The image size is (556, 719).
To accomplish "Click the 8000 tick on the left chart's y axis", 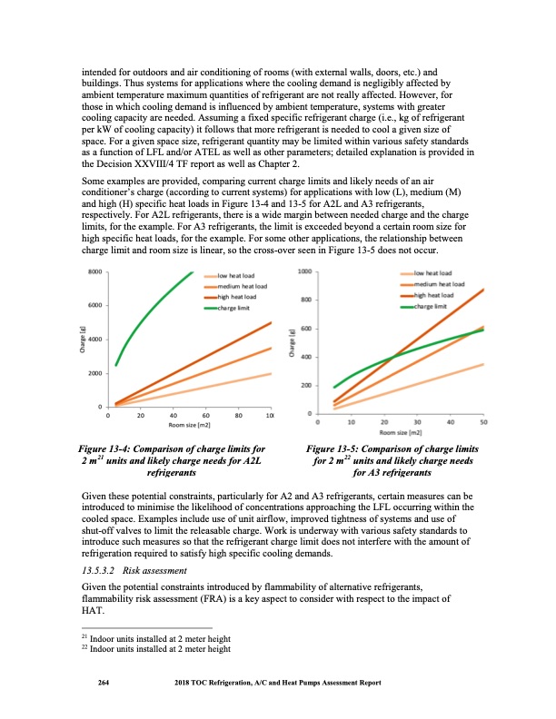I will pos(94,271).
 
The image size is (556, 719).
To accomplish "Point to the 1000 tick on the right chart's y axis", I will pos(306,271).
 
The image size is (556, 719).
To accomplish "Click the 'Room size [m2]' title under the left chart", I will pos(190,425).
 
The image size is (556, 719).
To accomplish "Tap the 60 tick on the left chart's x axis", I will pos(206,416).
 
